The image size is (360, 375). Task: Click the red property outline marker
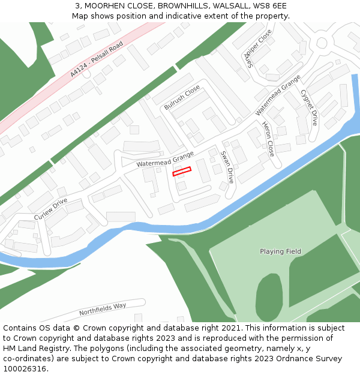(182, 172)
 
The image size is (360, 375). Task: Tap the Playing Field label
(280, 251)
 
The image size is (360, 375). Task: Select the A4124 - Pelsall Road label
(96, 59)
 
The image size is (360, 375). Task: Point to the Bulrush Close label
(182, 97)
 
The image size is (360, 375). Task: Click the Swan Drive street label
(227, 167)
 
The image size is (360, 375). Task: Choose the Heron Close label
(268, 139)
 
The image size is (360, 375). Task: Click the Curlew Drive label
(50, 208)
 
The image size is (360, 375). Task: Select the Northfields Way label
(103, 310)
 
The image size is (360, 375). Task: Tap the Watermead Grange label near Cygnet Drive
(277, 95)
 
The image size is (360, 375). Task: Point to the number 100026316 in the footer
(25, 368)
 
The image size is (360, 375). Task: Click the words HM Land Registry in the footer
(40, 349)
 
